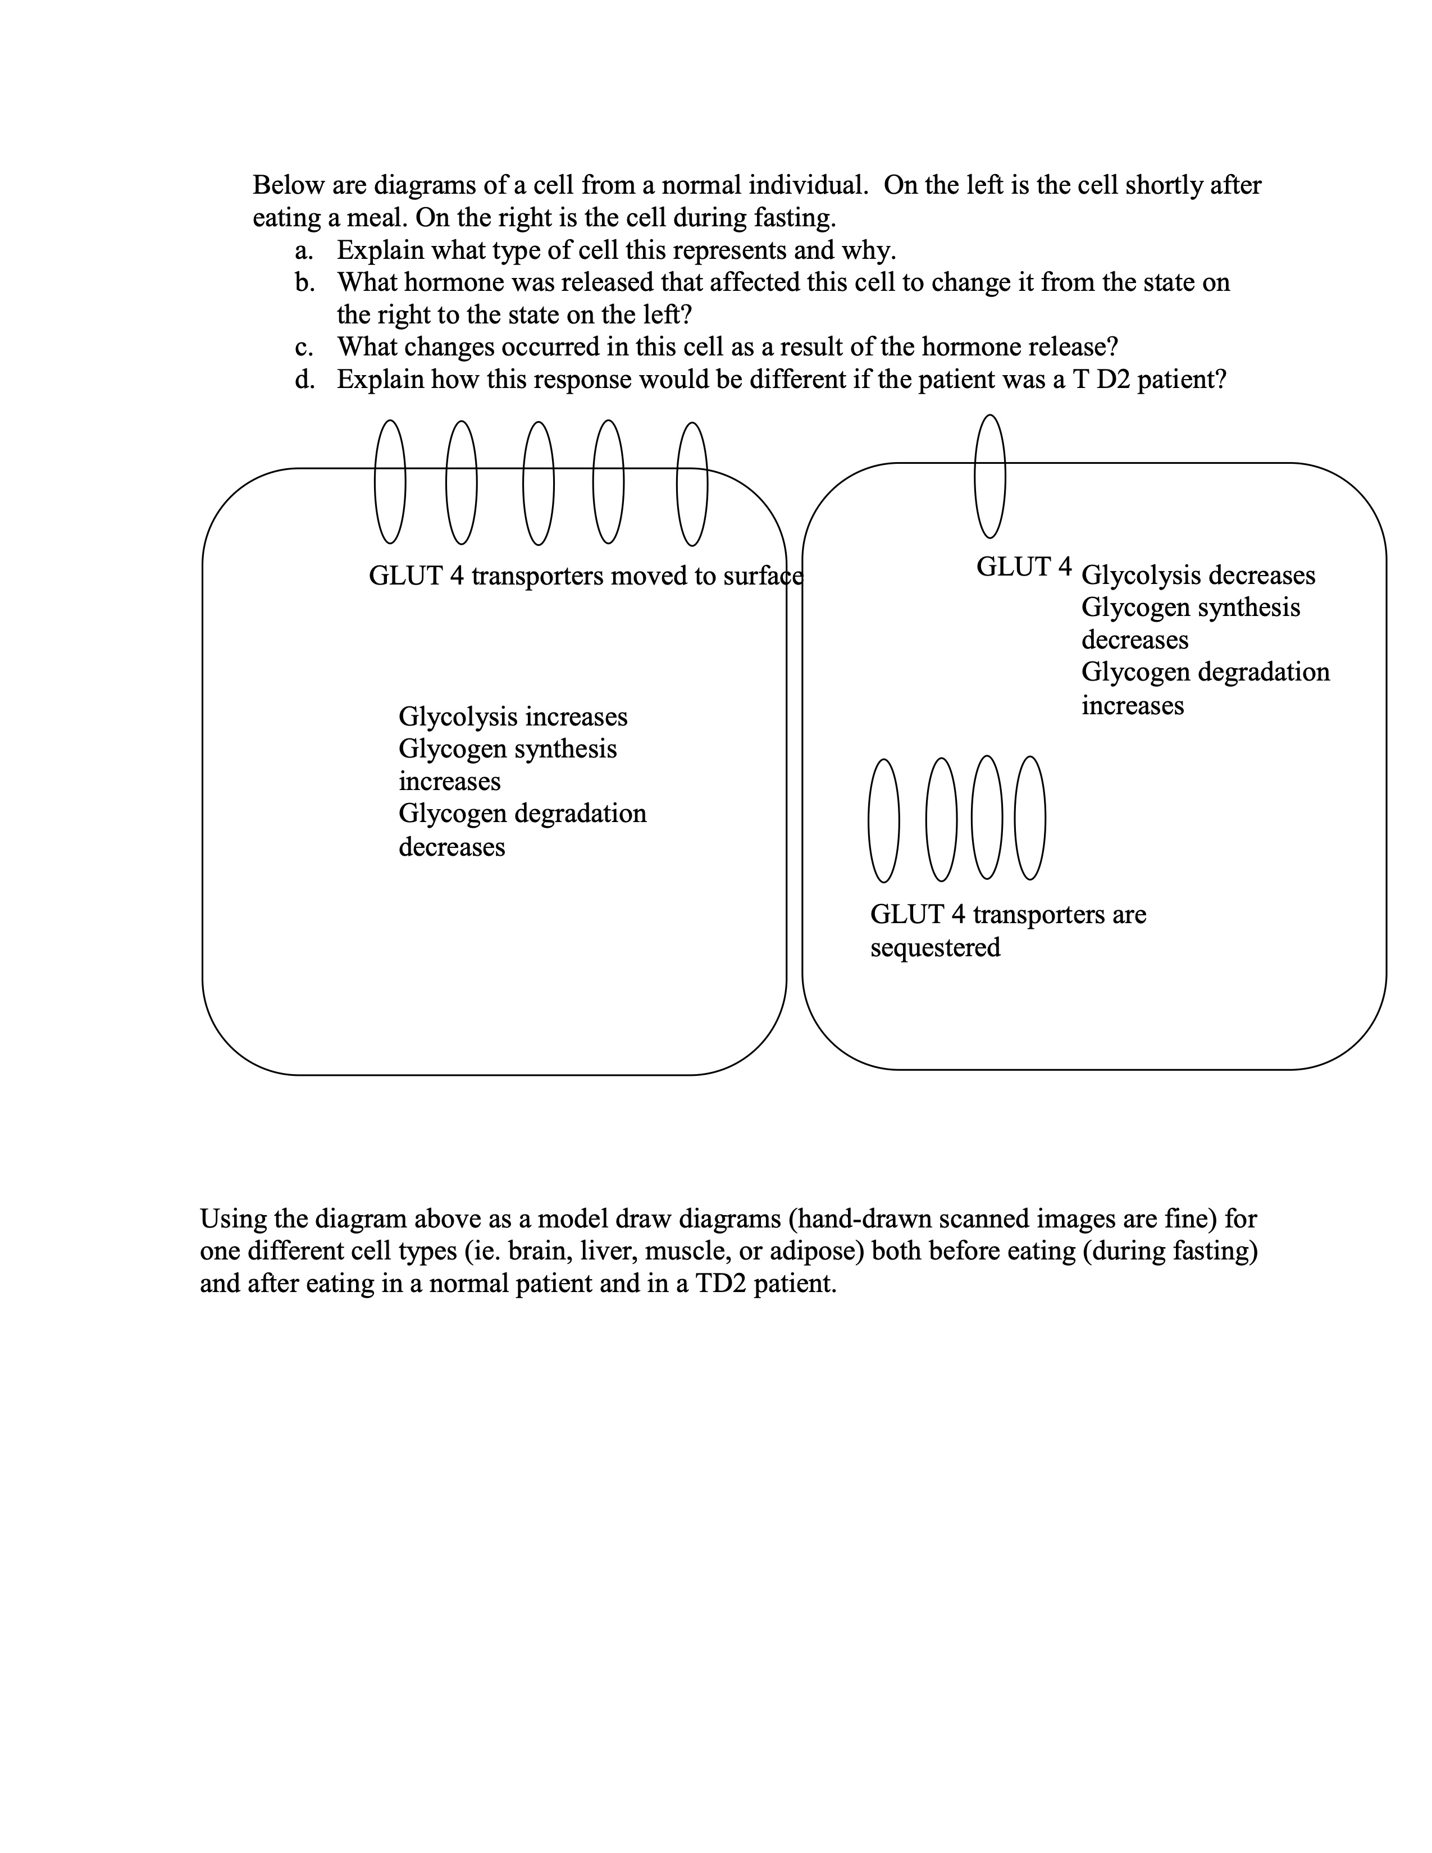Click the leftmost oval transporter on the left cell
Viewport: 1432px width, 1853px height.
point(389,481)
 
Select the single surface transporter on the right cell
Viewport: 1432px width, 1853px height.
point(989,476)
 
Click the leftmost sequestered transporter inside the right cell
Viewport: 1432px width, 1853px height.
point(883,820)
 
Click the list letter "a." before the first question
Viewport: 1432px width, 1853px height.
point(304,251)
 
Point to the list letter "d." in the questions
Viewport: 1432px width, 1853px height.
point(304,379)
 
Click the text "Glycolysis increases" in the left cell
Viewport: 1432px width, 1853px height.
point(512,717)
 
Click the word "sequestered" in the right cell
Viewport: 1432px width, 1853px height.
point(935,947)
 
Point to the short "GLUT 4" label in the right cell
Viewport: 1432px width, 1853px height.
point(1023,567)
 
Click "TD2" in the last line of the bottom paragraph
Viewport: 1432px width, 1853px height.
point(720,1284)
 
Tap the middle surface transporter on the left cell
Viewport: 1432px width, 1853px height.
point(538,483)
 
